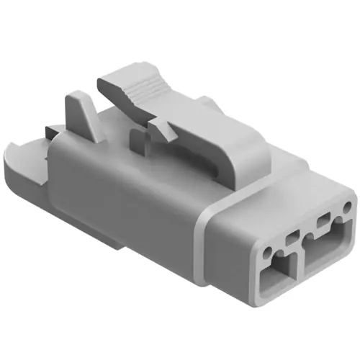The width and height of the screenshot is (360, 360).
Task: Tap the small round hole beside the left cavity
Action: (268, 253)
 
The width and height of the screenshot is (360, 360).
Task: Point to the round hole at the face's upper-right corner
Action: (348, 208)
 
